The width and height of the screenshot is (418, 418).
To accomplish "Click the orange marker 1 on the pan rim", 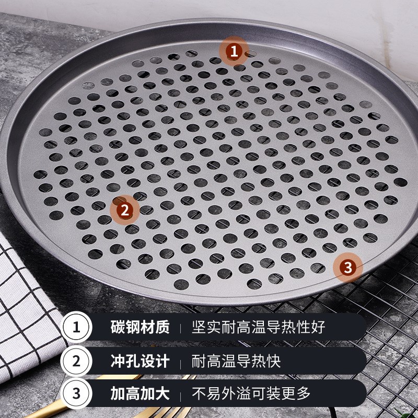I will [234, 51].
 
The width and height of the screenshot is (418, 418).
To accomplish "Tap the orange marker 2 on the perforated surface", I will [124, 210].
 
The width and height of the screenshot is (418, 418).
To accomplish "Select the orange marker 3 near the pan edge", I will [349, 268].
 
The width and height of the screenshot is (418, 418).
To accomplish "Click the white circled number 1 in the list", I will [76, 328].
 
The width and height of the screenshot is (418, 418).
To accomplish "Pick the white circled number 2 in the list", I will [76, 361].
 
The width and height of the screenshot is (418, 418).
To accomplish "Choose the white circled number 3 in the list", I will [76, 393].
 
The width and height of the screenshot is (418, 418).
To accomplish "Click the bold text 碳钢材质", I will [140, 328].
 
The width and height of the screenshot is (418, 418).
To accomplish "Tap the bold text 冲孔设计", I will [140, 361].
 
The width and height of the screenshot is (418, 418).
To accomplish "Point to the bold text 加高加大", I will [140, 393].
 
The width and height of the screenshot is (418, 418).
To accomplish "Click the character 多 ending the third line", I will [304, 393].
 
